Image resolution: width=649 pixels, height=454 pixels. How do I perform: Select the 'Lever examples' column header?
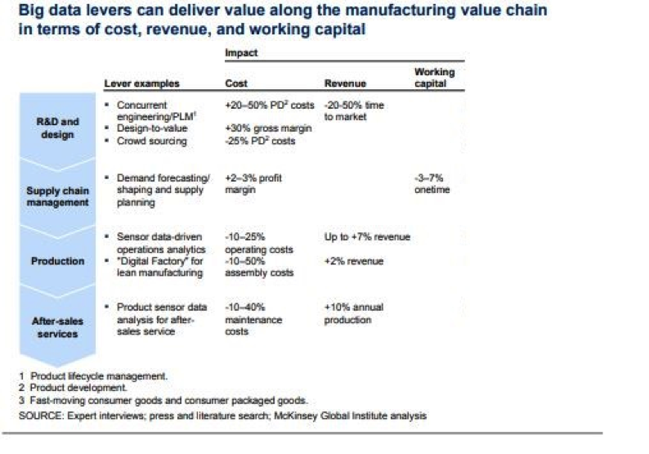point(141,83)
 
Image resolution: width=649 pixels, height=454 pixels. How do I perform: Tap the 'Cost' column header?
point(236,83)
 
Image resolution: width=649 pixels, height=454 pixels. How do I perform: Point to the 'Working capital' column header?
point(434,78)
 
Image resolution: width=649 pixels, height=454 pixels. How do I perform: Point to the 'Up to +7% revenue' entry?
point(367,237)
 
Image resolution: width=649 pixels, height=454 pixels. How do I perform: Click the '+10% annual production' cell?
point(354,313)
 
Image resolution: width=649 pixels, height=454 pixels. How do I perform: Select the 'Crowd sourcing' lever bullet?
point(151,141)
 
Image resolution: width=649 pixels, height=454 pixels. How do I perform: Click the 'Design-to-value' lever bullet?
point(152,128)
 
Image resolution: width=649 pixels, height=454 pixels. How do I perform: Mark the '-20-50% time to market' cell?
point(354,111)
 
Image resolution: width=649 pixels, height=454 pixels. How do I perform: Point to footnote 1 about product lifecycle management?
point(94,376)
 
